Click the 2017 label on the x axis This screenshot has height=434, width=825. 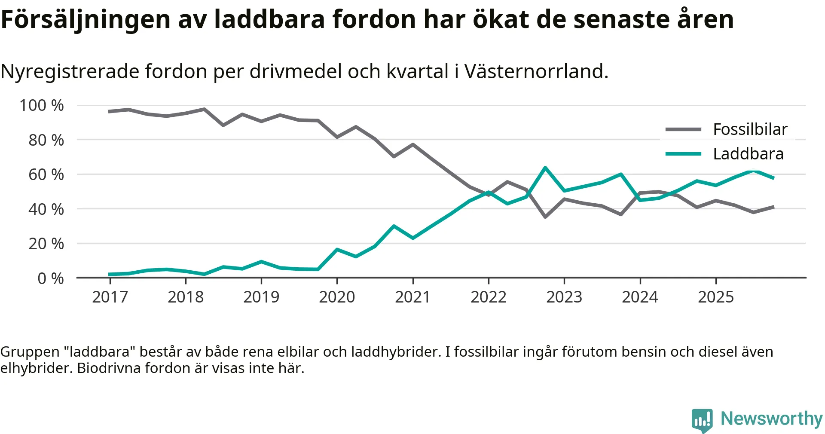tap(110, 297)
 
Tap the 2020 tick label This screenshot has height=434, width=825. tap(337, 297)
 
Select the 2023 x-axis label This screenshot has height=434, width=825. tap(564, 297)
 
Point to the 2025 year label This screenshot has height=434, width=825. tap(716, 297)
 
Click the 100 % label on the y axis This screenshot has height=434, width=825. tap(42, 105)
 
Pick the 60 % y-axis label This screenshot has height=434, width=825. tap(46, 174)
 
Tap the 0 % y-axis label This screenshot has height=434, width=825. tap(51, 278)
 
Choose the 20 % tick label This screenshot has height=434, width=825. tap(46, 244)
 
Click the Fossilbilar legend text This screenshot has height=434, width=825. tap(750, 129)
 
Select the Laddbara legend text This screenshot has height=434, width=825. tap(748, 154)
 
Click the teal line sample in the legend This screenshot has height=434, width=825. tap(683, 154)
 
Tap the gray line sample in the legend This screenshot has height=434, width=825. tap(683, 129)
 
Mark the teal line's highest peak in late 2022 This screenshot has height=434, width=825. tap(545, 168)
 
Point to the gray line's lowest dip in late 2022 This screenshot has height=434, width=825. tap(545, 217)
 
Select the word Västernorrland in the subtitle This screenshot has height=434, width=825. tap(536, 71)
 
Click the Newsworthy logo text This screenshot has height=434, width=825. tap(771, 419)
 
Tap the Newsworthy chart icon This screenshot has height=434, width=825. tap(702, 420)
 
